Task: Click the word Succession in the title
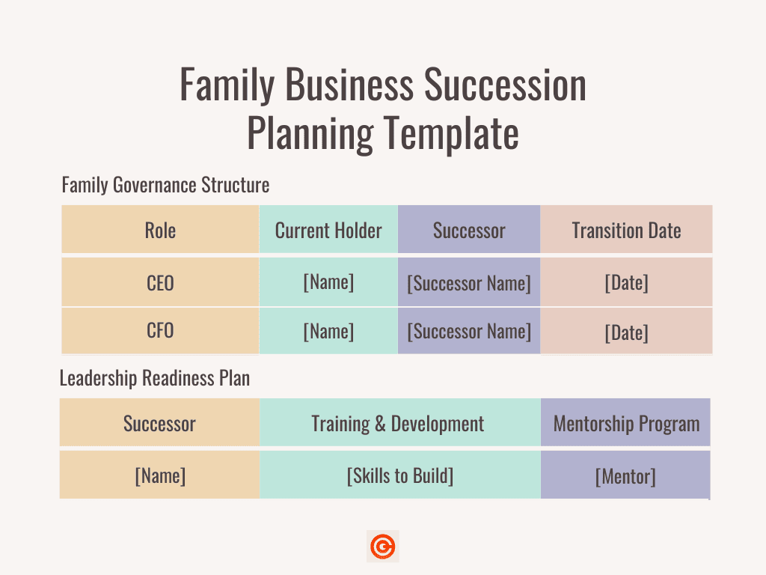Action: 505,85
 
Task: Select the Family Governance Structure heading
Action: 165,186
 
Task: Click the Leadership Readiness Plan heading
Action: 154,378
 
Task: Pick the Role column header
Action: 160,231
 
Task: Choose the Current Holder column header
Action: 328,231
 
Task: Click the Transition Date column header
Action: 626,231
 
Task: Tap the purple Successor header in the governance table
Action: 469,231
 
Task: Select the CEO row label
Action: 160,283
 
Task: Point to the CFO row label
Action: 160,330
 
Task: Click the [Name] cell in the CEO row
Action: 328,282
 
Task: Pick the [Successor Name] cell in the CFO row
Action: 469,332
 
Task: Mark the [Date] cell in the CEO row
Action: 626,283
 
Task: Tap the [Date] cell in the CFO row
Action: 626,333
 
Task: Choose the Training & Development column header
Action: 398,424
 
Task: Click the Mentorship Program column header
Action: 626,424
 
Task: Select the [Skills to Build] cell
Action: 400,475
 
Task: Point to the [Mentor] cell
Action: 625,477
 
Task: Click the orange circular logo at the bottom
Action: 383,546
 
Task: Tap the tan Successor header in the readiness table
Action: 159,424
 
